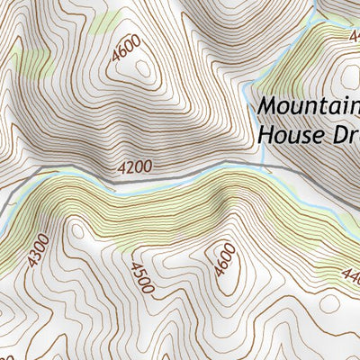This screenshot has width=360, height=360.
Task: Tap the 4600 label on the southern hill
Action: [224, 258]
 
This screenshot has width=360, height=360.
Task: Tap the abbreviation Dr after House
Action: [337, 135]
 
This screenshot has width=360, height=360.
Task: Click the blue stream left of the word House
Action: [248, 135]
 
